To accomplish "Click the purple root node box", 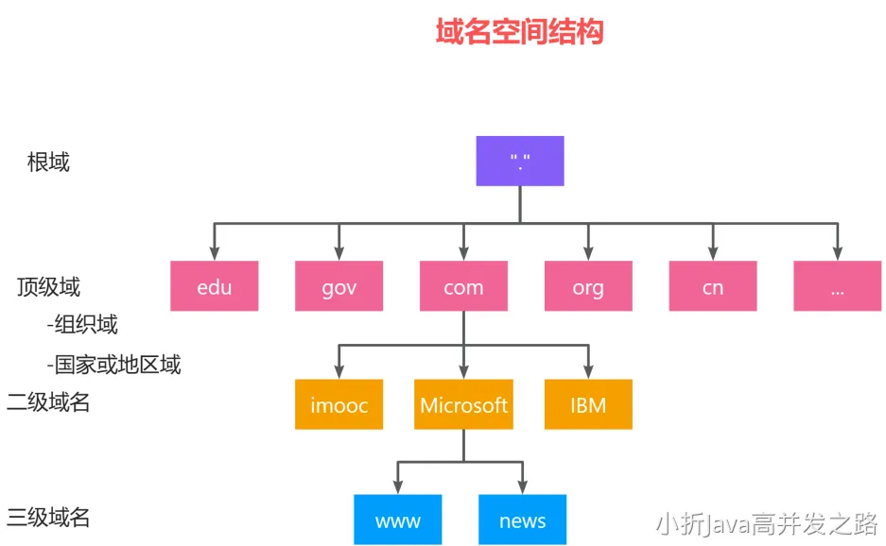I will click(519, 161).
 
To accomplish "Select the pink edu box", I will click(215, 286).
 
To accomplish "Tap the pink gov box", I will click(339, 286).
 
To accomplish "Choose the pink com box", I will click(463, 286).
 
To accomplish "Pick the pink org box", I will click(588, 286).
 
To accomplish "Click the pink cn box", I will click(713, 286).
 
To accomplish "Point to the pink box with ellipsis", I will click(837, 286).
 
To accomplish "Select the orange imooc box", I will click(339, 405).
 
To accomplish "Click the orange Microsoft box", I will click(463, 405).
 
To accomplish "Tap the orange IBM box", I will click(588, 405).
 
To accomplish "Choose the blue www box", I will click(398, 520).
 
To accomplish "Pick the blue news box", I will click(522, 520).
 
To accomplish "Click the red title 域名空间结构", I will click(519, 31).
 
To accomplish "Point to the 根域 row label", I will click(48, 162).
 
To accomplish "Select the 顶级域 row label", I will click(48, 286).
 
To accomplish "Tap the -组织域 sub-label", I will click(82, 325).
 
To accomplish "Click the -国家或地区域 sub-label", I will click(113, 364).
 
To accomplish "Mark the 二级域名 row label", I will click(48, 402).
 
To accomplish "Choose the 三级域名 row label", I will click(48, 518).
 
